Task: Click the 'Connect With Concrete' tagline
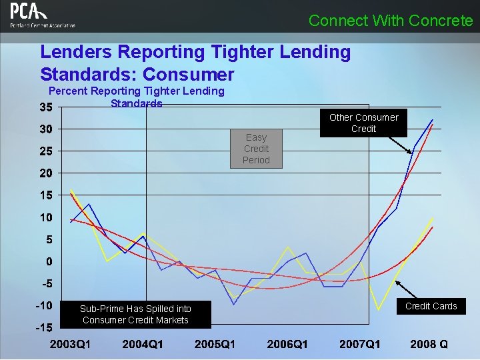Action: click(x=391, y=21)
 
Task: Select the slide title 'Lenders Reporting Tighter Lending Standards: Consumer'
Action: click(x=195, y=63)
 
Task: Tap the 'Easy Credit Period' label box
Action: click(x=256, y=149)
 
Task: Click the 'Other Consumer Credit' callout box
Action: click(x=363, y=123)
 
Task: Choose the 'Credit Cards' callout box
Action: click(x=431, y=306)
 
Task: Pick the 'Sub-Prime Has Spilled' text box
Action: click(x=135, y=314)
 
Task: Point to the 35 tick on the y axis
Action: click(x=46, y=107)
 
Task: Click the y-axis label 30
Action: click(x=46, y=129)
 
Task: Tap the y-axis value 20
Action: click(x=46, y=173)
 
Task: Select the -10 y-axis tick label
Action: click(x=44, y=305)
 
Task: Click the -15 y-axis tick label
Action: click(x=44, y=327)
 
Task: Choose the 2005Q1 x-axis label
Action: click(x=214, y=344)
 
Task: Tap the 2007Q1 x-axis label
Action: click(x=359, y=344)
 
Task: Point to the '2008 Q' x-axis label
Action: click(x=429, y=344)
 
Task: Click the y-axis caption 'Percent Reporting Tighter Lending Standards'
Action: click(x=137, y=97)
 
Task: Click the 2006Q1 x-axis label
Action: click(x=287, y=344)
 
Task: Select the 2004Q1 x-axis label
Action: click(x=142, y=344)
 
